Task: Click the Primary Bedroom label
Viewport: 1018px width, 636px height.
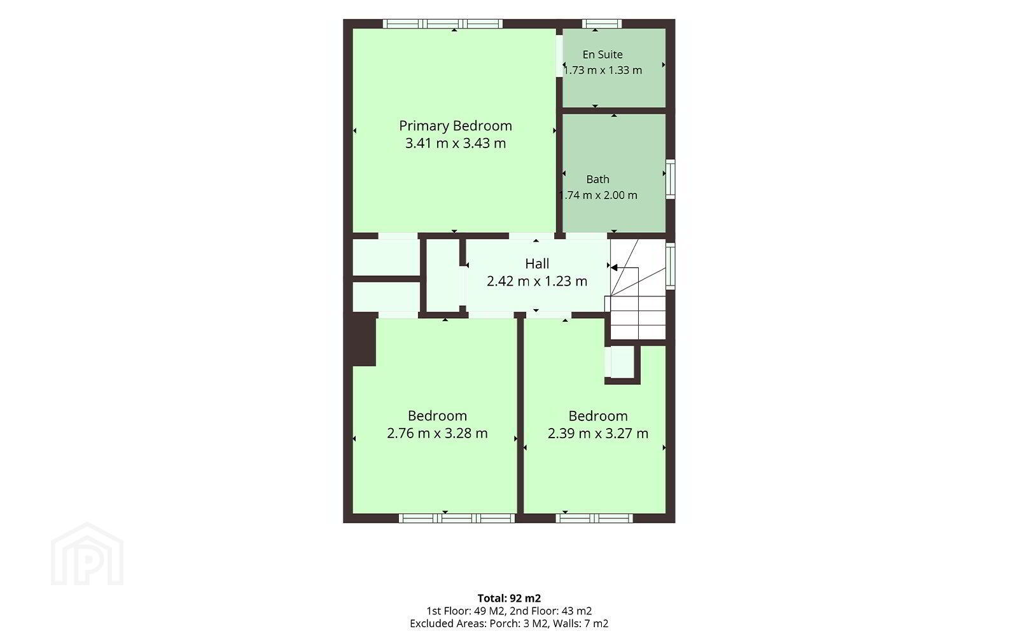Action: tap(456, 126)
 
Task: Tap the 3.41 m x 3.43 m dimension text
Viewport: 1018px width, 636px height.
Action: tap(456, 143)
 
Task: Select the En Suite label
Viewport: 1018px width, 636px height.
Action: tap(603, 55)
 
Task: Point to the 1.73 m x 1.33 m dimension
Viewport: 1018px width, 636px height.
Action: tap(603, 71)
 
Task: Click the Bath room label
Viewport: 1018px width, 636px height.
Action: tap(597, 179)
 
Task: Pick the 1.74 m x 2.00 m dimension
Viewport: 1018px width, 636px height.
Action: tap(598, 195)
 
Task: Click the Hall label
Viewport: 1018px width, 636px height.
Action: tap(537, 263)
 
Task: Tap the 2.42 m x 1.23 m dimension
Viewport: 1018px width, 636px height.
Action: tap(537, 281)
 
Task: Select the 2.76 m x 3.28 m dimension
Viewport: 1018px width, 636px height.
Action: tap(437, 433)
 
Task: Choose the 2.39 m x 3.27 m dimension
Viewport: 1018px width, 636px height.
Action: tap(598, 433)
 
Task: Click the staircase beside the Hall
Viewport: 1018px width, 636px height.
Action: tap(638, 289)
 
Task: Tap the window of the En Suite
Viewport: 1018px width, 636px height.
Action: tap(602, 24)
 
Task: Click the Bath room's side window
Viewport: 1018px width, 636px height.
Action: tap(671, 179)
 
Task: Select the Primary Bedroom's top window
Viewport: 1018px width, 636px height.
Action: tap(443, 24)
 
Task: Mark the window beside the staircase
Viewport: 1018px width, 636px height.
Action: tap(671, 266)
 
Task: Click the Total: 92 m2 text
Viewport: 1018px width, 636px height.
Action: tap(509, 598)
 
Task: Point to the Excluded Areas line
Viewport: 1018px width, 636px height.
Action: tap(509, 624)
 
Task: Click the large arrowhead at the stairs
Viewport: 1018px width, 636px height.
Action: tap(614, 268)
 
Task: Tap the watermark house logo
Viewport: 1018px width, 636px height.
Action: tap(87, 554)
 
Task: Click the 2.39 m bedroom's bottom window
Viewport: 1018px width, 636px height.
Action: tap(594, 518)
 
